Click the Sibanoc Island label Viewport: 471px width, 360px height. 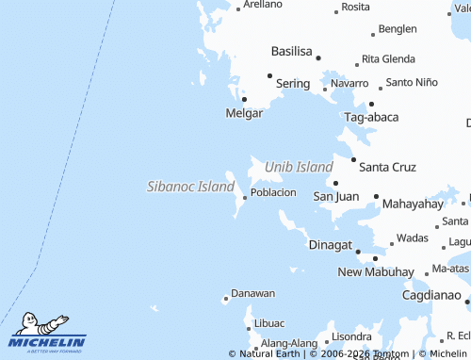(190, 187)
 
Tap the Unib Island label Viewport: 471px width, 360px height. (299, 167)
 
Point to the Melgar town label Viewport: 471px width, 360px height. (245, 113)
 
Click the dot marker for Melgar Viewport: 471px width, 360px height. (245, 98)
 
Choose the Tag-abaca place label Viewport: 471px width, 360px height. (371, 118)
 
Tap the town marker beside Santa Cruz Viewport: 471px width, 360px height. (353, 160)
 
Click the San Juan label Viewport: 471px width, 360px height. (336, 197)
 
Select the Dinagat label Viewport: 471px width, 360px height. (330, 245)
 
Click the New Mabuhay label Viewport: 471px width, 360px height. (376, 272)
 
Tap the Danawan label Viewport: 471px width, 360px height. (253, 294)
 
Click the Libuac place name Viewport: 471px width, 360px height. (268, 324)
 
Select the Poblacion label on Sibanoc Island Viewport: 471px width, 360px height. (274, 192)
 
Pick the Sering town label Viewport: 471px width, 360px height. (293, 84)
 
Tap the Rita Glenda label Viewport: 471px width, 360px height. (389, 59)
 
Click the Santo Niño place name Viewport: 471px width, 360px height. (412, 83)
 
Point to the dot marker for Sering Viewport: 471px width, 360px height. (269, 75)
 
